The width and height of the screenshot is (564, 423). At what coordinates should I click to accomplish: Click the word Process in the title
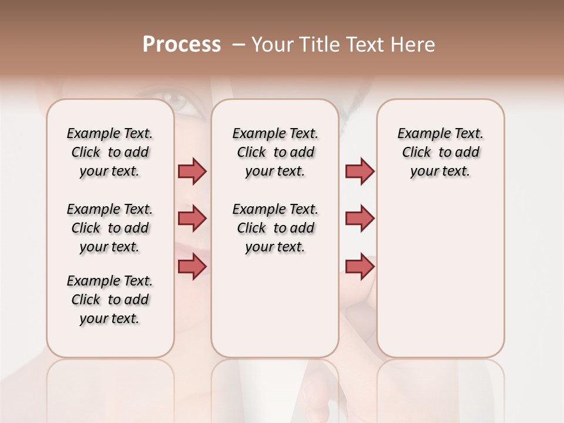click(x=182, y=45)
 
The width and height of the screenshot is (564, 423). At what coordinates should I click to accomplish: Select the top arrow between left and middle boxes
click(x=192, y=172)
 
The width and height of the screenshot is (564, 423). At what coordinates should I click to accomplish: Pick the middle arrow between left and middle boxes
click(x=192, y=219)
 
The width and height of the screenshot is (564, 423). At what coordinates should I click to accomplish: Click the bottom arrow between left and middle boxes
click(x=192, y=266)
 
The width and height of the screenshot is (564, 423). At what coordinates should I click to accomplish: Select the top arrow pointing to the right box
click(x=360, y=172)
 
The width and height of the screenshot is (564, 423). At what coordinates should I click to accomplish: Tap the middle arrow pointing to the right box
click(x=360, y=219)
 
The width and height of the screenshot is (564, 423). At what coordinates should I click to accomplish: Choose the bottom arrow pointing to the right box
click(x=360, y=266)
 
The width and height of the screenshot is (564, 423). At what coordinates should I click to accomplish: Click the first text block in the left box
click(x=110, y=152)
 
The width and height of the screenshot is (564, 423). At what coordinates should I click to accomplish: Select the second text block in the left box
click(x=110, y=228)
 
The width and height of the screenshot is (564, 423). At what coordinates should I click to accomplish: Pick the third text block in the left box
click(x=110, y=300)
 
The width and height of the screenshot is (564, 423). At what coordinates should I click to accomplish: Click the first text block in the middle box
click(x=276, y=152)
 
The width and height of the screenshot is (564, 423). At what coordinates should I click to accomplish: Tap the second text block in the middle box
click(x=276, y=228)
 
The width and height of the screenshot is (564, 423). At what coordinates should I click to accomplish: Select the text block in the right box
click(x=441, y=152)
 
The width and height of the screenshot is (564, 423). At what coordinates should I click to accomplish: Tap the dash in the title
click(x=239, y=45)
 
